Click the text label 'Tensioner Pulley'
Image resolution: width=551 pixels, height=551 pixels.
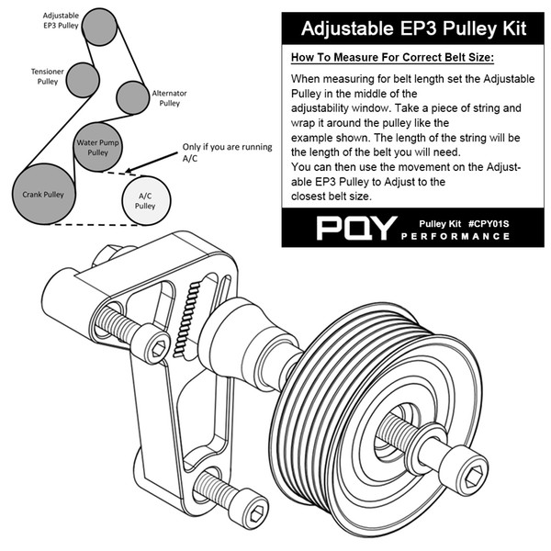46,75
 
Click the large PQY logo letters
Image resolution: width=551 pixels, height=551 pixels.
356,229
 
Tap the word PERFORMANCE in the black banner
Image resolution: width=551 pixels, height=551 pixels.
455,237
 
